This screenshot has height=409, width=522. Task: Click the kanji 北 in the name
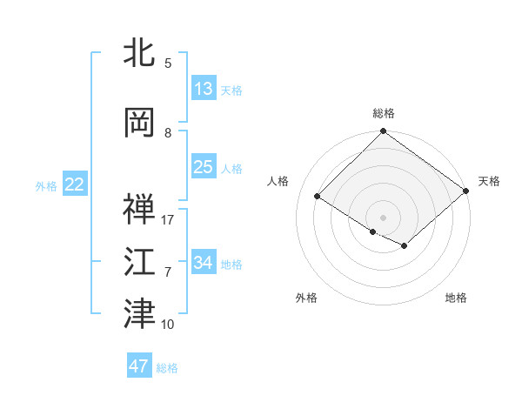140,53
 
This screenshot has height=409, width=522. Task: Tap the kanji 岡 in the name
140,123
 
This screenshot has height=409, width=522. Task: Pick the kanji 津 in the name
140,314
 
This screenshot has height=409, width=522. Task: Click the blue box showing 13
204,89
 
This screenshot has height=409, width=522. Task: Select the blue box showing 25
204,167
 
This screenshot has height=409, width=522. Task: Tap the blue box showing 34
204,262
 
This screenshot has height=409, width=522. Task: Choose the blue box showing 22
74,184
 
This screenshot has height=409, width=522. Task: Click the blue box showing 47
139,366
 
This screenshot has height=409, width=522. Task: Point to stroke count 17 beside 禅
168,219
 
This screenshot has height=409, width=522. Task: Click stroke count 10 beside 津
168,325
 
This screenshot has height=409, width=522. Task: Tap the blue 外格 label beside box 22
46,185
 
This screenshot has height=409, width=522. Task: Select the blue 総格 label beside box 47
167,368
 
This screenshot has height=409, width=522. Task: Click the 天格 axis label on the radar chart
489,181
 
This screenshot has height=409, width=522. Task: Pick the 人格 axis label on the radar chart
278,181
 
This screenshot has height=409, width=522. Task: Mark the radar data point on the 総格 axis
383,131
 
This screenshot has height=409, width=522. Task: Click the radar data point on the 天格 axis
466,190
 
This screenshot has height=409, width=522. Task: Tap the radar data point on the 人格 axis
318,196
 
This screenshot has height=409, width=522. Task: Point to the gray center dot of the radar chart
383,217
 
